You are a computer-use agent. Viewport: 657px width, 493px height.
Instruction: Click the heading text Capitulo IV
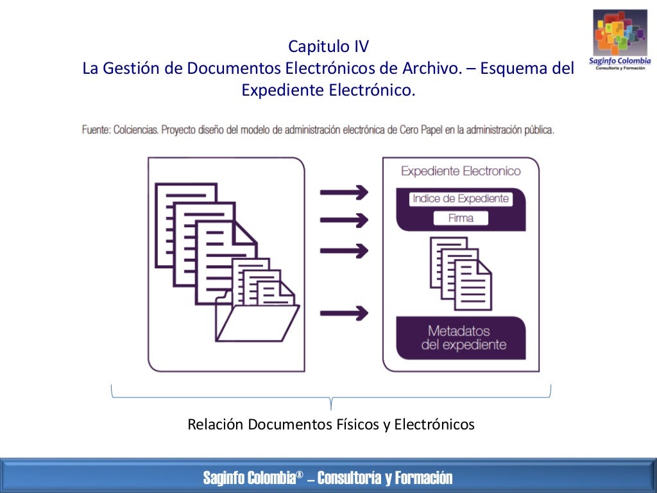328,47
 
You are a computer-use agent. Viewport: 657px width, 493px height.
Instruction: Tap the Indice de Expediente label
461,198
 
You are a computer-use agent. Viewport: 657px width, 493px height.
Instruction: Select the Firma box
461,218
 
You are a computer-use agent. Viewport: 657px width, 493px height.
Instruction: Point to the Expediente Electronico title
461,171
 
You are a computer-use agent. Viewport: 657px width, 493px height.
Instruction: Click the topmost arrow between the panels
345,192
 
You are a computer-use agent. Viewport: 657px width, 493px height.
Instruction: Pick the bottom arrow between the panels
345,313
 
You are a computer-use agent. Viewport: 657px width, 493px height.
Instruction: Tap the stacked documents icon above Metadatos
461,271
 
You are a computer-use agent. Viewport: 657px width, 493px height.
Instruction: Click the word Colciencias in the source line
136,130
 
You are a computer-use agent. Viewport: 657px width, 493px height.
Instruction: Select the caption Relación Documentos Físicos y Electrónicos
331,424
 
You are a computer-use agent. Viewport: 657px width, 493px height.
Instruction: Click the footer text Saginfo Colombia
249,478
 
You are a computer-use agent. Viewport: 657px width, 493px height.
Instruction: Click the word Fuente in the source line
96,130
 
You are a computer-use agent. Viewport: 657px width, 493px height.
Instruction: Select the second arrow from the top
345,220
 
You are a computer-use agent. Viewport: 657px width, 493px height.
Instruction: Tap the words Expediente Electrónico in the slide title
328,91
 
